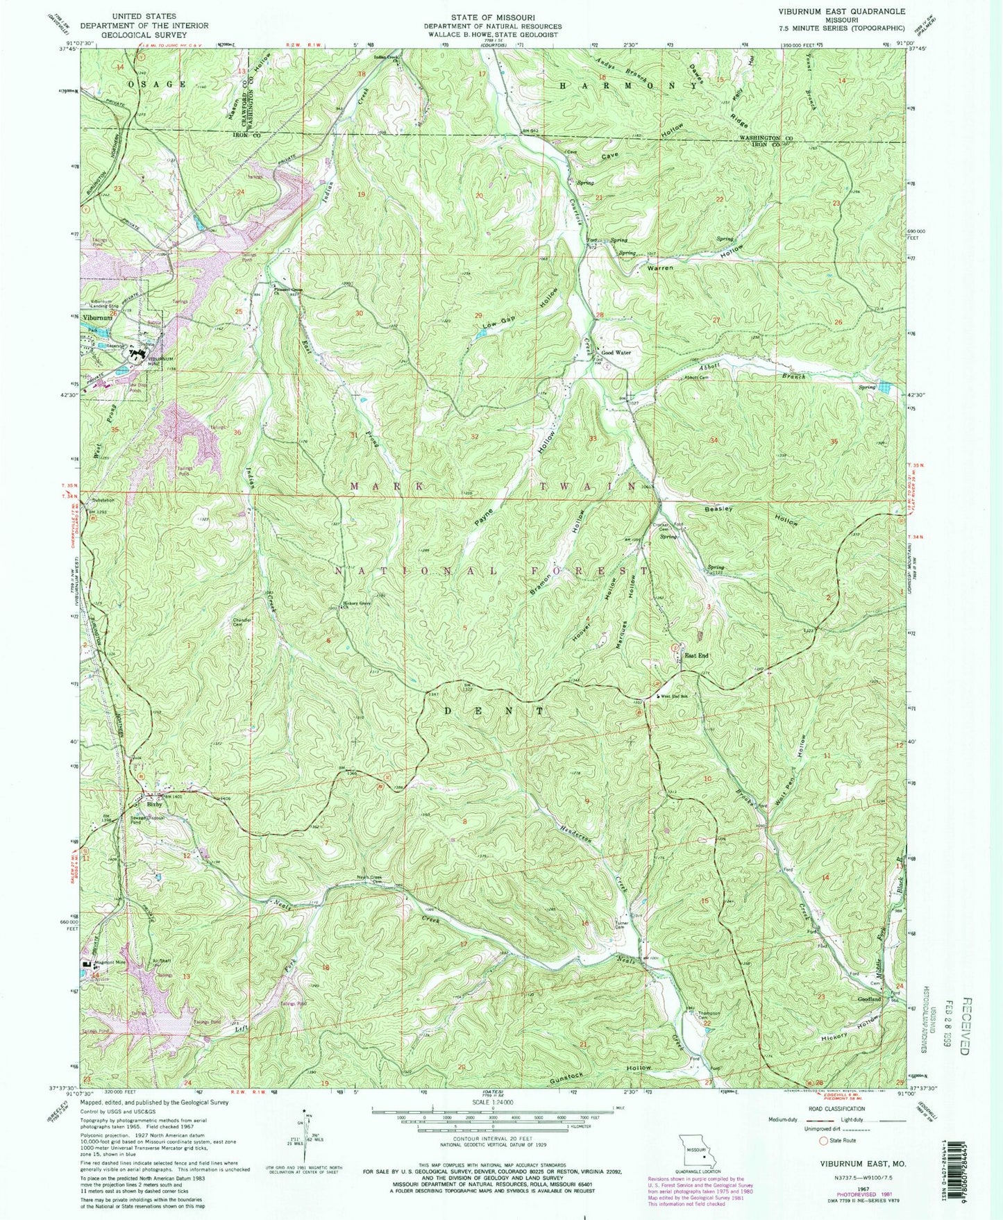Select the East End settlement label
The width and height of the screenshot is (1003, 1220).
[x=696, y=655]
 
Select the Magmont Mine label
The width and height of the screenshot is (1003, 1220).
[x=111, y=962]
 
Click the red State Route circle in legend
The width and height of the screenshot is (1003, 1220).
[x=824, y=1141]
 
